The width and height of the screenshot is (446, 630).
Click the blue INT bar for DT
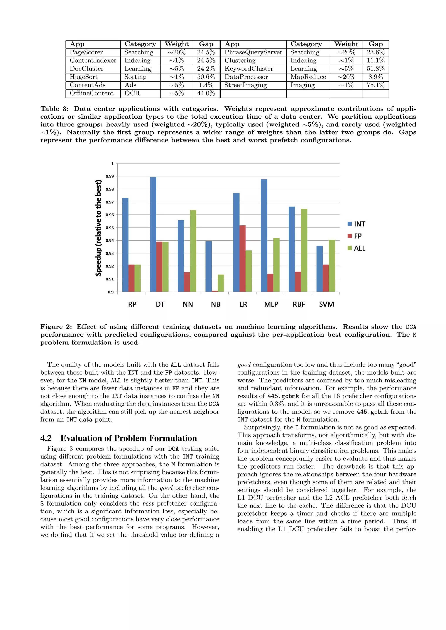153,234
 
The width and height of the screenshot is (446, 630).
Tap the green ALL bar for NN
193,251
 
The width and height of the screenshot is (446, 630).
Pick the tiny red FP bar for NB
215,291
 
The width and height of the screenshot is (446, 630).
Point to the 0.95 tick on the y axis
110,228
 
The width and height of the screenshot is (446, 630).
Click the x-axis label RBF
299,304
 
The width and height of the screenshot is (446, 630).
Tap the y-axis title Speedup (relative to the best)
98,228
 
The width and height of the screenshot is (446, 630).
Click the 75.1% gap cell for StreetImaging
375,85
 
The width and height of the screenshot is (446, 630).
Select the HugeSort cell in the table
84,77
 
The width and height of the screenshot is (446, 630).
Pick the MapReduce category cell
308,77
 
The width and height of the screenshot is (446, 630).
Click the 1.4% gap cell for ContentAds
206,85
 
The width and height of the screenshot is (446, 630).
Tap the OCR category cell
132,93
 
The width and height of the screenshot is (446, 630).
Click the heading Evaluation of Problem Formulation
128,438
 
